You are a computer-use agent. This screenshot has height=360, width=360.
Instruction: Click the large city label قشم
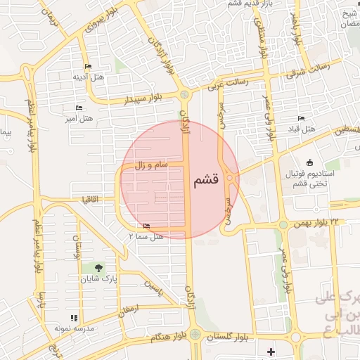(205, 179)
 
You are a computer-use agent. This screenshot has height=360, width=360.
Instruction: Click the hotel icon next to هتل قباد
(302, 118)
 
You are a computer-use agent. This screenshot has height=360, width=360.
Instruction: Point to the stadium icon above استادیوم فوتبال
(310, 163)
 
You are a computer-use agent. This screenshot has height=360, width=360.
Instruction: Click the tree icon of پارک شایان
(98, 268)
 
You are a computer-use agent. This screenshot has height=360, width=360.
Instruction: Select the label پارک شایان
(98, 278)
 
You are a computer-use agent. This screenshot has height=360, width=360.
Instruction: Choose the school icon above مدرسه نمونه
(75, 318)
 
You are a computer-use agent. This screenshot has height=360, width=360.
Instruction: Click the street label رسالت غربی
(227, 84)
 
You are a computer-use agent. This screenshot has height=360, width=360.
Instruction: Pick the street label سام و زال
(152, 165)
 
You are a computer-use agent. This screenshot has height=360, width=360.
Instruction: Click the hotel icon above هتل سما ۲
(146, 226)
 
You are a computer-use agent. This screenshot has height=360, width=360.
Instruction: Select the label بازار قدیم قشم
(248, 4)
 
